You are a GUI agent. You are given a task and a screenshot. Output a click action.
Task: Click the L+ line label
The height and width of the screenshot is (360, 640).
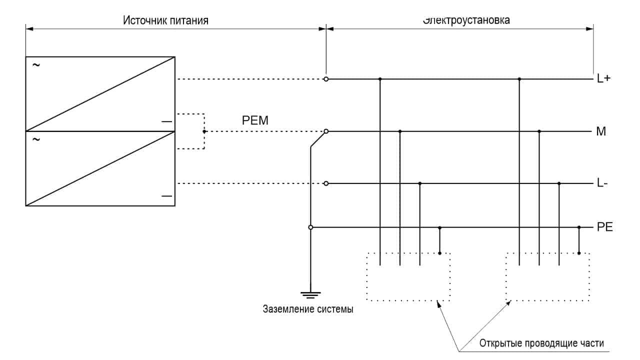[x=604, y=79]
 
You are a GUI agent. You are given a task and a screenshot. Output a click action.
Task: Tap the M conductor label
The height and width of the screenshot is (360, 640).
[x=601, y=131]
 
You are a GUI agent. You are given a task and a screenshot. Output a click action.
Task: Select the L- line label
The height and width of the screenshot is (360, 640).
[x=602, y=183]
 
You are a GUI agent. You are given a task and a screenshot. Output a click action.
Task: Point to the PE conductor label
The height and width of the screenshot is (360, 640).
[x=605, y=227]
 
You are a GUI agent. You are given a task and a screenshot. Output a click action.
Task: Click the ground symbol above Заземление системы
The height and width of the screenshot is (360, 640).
[x=310, y=294]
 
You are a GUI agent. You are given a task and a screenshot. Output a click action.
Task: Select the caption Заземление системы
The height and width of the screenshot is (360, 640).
[x=308, y=309]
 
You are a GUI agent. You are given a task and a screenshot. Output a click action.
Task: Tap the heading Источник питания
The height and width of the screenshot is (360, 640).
[x=165, y=20]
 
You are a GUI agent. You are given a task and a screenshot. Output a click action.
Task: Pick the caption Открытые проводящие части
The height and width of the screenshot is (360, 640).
[x=541, y=343]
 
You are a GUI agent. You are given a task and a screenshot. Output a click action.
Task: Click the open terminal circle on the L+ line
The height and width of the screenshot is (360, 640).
[x=326, y=79]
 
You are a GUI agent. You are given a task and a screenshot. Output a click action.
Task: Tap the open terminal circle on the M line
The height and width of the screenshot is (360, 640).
[x=326, y=131]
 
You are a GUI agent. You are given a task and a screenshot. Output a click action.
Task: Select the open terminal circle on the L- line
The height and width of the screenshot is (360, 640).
[x=326, y=183]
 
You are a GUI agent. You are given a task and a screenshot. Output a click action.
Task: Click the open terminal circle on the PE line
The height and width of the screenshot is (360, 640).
[x=310, y=227]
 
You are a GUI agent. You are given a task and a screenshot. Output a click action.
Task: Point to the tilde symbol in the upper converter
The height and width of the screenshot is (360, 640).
[x=35, y=65]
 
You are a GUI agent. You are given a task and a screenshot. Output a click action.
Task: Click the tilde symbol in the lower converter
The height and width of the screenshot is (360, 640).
[x=35, y=139]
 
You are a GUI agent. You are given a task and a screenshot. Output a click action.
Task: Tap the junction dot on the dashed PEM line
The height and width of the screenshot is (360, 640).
[x=204, y=131]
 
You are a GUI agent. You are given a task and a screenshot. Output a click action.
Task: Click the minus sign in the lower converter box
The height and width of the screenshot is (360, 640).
[x=166, y=196]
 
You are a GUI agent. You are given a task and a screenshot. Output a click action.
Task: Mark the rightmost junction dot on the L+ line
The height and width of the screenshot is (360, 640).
[x=519, y=79]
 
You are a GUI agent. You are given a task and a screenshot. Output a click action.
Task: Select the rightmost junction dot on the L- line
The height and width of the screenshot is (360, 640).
[x=559, y=183]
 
